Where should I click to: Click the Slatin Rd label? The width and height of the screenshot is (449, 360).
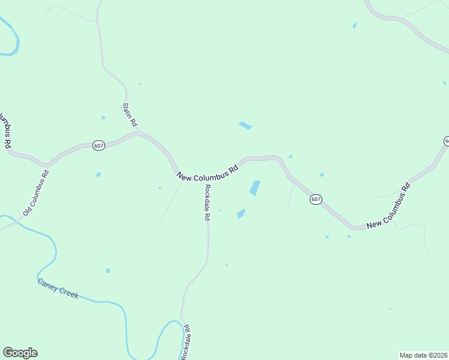point(130,114)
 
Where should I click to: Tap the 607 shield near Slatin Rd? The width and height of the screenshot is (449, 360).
point(99,146)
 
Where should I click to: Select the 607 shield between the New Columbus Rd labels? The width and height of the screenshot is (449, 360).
point(316,199)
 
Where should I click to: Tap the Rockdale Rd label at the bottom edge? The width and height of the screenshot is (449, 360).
point(187,342)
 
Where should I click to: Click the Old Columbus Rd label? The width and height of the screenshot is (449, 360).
point(36,193)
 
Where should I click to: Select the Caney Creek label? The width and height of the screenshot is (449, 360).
point(58,288)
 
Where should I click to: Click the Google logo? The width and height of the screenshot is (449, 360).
point(20,353)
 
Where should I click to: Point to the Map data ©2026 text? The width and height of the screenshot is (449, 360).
point(424,355)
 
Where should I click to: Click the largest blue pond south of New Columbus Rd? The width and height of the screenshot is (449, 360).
point(255,188)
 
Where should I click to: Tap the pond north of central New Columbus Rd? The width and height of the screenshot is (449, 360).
point(245,125)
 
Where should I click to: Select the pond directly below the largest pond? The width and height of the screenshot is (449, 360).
point(241,214)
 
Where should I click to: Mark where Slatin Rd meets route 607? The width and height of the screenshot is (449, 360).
point(139,133)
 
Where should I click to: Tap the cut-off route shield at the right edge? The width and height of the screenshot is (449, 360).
point(446,141)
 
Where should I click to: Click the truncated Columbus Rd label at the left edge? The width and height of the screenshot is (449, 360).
point(6,130)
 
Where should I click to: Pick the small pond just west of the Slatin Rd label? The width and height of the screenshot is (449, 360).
point(103,118)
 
